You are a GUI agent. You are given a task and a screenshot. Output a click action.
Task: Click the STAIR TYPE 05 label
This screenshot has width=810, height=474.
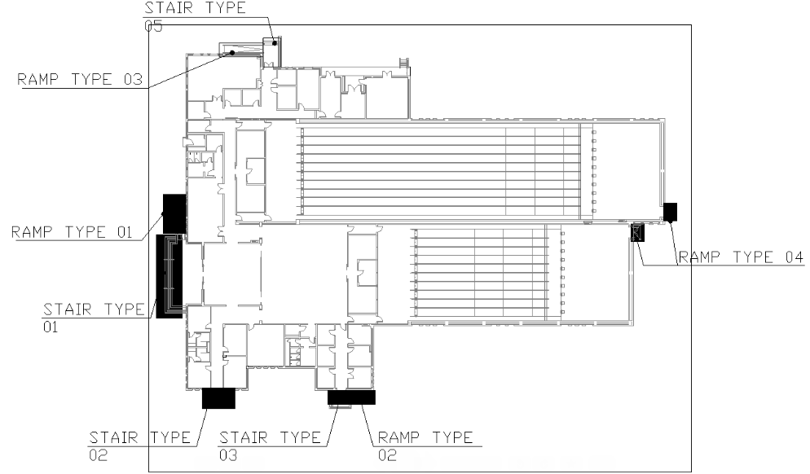(195, 16)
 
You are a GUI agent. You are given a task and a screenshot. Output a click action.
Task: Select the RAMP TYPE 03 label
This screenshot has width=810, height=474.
(80, 79)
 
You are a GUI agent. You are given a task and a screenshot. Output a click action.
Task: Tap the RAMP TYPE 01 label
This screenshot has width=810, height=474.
(72, 232)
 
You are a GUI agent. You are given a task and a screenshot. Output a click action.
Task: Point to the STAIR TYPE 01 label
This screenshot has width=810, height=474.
(94, 318)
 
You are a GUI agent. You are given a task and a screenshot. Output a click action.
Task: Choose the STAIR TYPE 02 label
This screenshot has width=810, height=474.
(140, 446)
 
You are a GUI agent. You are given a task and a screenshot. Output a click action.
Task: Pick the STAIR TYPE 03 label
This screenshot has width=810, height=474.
(270, 446)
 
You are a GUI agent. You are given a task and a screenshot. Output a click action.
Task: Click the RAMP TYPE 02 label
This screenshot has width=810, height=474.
(425, 446)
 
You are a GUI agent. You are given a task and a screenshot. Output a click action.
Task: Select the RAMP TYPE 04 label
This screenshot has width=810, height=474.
(741, 257)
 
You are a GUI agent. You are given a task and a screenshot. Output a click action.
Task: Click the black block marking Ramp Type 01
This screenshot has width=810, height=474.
(174, 213)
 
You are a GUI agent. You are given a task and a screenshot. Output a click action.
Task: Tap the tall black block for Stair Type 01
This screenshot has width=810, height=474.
(169, 276)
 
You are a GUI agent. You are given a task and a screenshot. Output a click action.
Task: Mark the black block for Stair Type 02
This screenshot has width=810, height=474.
(218, 398)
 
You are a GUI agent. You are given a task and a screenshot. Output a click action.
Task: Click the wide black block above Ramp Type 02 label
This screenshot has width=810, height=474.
(351, 397)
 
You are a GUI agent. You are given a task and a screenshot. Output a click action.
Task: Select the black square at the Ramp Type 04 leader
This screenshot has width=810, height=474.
(670, 213)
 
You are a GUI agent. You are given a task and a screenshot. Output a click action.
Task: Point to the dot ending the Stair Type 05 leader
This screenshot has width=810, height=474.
(275, 43)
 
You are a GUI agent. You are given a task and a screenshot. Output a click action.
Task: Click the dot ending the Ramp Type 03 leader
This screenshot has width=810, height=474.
(232, 53)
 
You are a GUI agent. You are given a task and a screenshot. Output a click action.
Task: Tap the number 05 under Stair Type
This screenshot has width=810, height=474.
(153, 26)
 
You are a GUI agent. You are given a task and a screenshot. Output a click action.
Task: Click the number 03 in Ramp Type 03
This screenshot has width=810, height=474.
(133, 79)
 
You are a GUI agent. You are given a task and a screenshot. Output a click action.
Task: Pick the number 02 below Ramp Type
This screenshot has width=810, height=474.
(387, 455)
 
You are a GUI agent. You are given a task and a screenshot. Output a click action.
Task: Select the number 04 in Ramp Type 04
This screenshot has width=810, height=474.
(794, 257)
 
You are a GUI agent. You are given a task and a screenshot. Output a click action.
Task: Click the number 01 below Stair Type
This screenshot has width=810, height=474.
(51, 327)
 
